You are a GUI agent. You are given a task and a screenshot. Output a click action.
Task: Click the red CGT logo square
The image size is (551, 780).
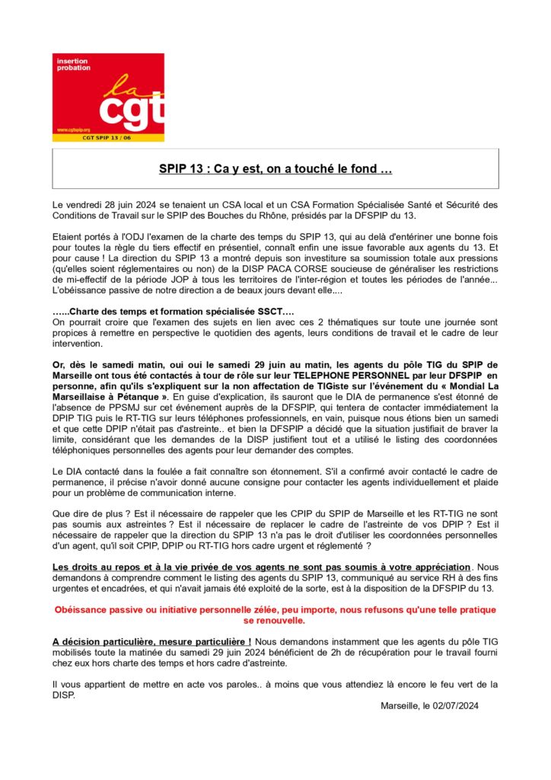click(x=108, y=97)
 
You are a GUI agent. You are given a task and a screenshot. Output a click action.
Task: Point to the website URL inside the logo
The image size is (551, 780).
click(x=73, y=130)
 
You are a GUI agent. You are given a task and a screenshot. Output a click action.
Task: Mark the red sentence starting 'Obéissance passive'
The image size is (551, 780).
click(x=275, y=609)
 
